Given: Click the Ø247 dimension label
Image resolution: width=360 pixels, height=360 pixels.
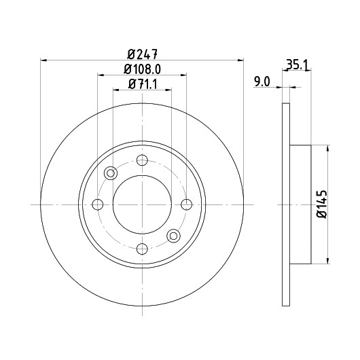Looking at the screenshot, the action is coord(143,54).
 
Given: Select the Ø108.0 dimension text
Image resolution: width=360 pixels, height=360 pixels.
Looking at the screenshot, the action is coord(143,69).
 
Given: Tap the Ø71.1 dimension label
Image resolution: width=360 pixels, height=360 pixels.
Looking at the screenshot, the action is coord(143,84).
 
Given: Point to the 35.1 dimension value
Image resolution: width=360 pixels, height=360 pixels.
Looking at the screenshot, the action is coord(297,65).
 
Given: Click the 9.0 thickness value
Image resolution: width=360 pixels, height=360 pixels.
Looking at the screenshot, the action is coord(262,82).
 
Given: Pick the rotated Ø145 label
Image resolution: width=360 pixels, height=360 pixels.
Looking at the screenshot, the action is coord(322,204).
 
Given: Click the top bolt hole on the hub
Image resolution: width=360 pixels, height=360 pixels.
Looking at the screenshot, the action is coord(142,160).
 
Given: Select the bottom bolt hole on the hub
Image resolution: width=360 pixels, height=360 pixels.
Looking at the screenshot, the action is coord(142,249).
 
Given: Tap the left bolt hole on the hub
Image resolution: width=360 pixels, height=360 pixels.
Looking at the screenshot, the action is coord(98,204).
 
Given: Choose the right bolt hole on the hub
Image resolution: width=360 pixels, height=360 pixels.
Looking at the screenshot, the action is coord(186,204).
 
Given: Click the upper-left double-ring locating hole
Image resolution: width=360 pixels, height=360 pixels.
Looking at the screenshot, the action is coord(111,173).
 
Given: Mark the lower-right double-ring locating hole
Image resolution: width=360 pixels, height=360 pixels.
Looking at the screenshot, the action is coord(174,236).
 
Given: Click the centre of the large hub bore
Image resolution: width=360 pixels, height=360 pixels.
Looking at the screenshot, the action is coord(142,204).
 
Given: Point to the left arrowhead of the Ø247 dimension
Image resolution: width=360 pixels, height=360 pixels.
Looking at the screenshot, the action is coord(43,60).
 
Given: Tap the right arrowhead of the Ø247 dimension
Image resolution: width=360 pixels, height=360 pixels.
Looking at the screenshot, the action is coord(240,60).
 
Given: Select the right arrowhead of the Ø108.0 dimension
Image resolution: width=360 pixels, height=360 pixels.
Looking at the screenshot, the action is coord(183,75).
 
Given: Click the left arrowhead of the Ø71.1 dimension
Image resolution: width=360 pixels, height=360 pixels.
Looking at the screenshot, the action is coord(115,90).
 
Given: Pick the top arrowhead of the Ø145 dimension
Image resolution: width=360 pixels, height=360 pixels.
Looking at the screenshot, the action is coord(327,148).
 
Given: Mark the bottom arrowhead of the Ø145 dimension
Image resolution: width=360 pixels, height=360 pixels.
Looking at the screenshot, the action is coord(327,261).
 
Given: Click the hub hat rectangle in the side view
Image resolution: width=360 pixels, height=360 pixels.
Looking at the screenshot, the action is coord(300,204).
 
